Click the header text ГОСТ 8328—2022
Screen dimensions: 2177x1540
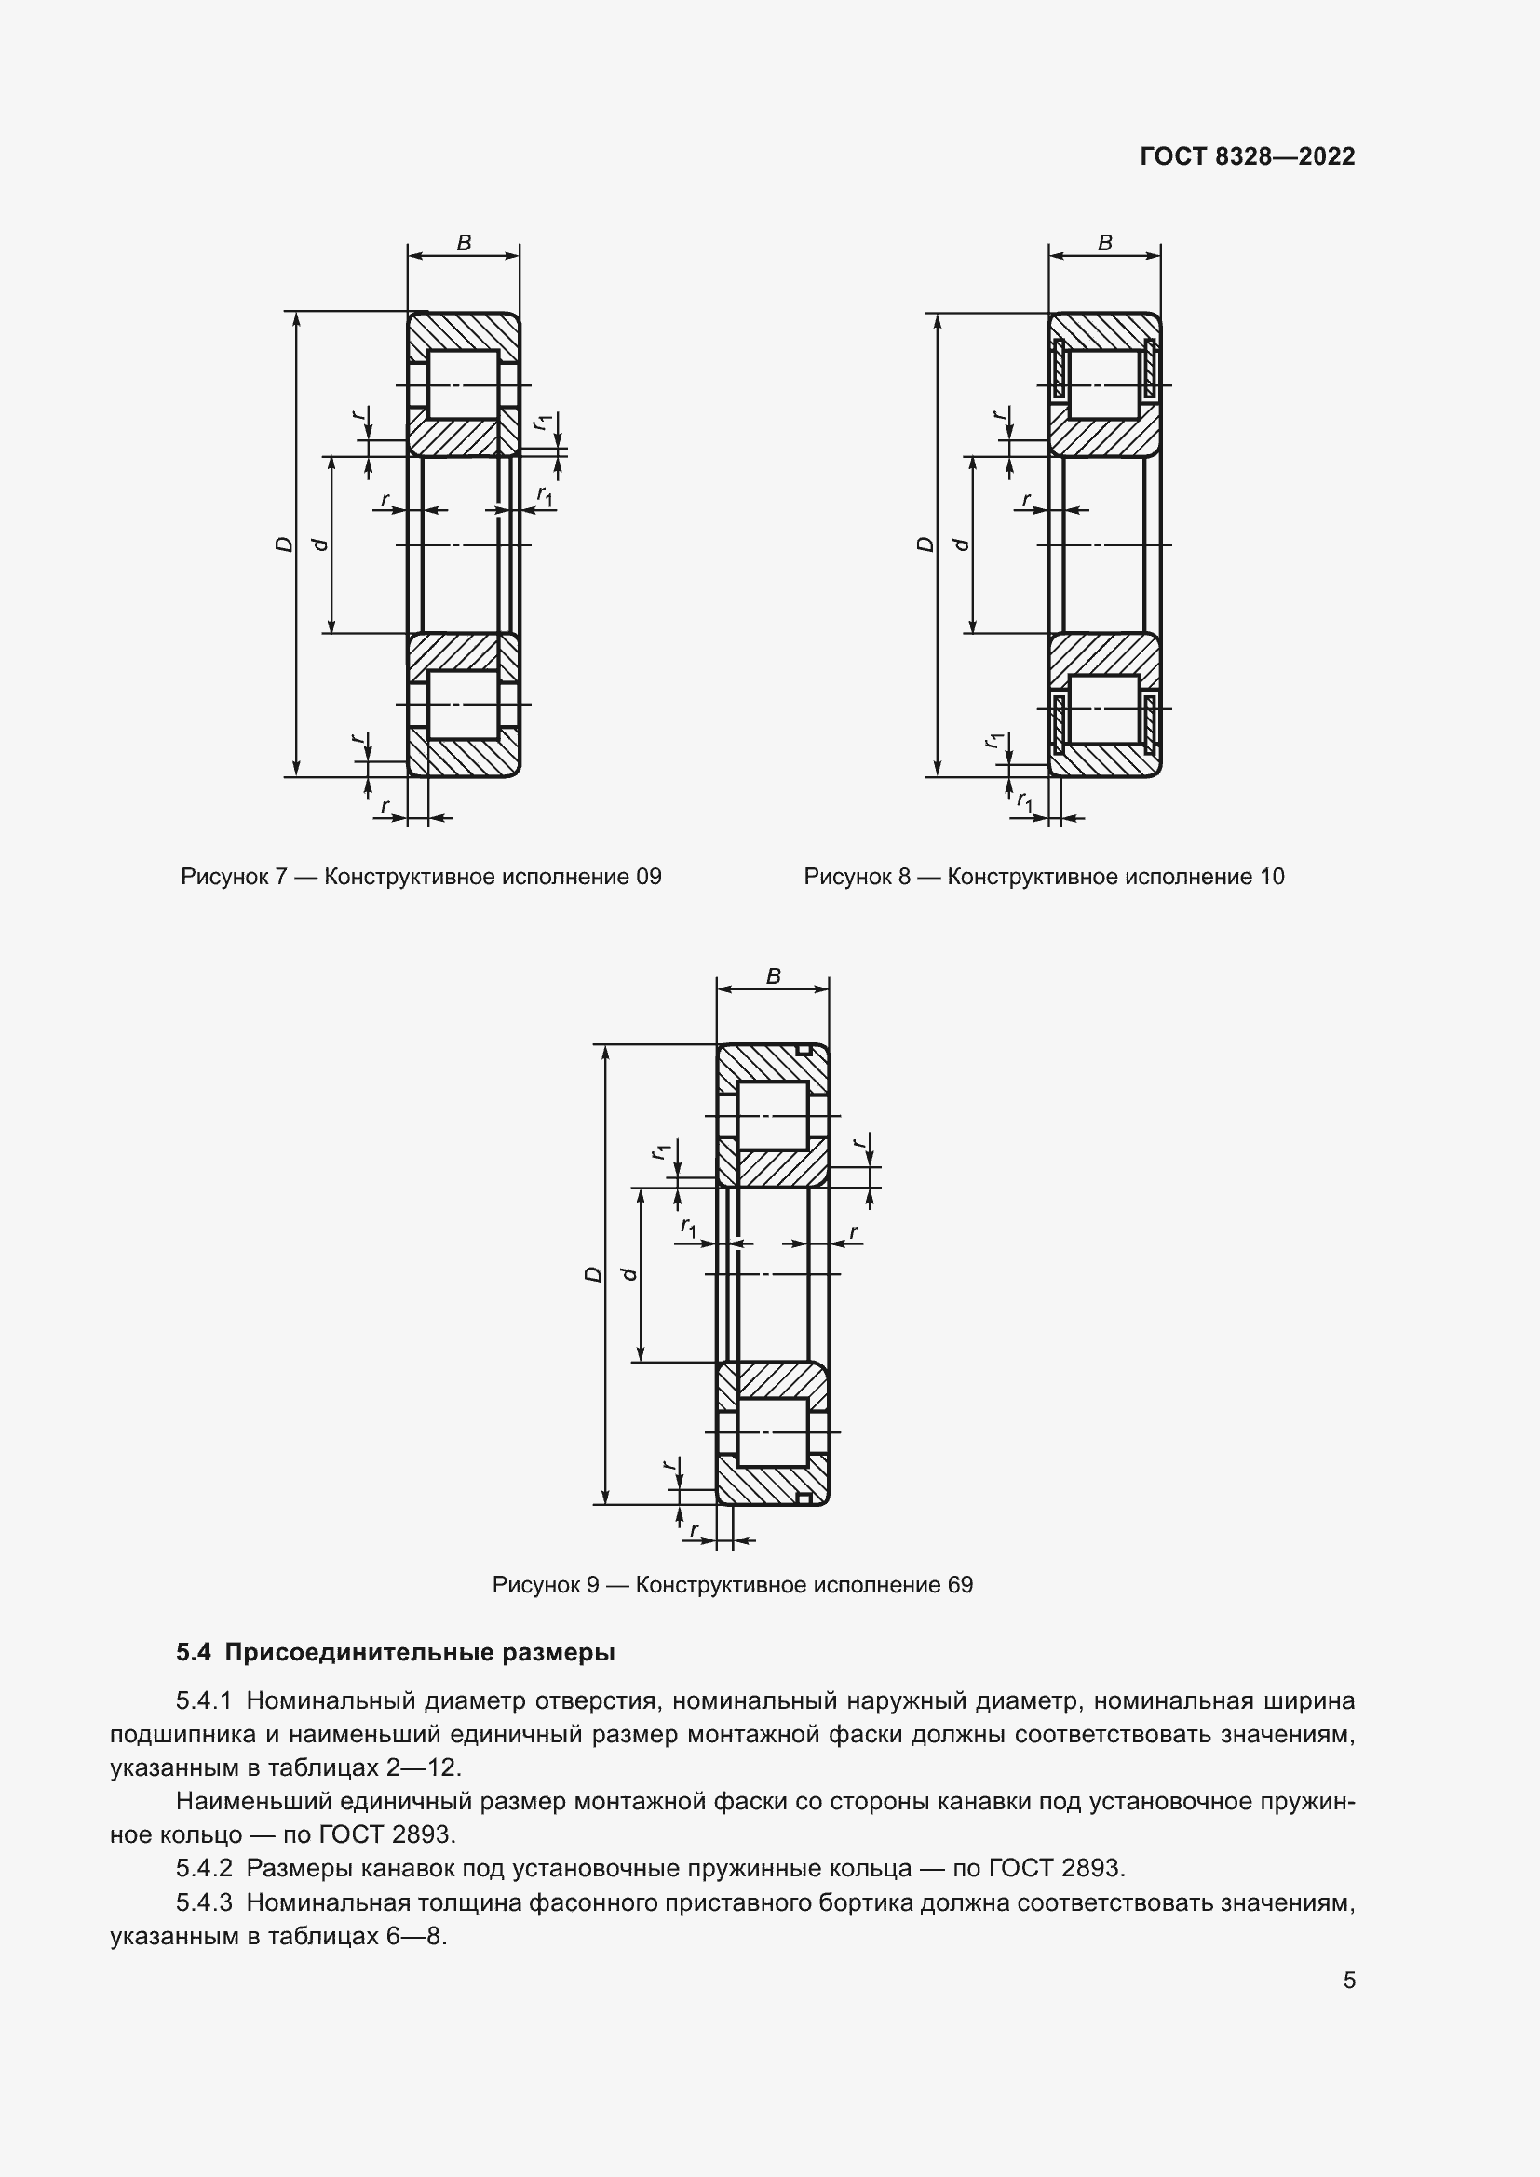click(x=1247, y=156)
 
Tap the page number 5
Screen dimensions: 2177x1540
click(x=1348, y=1980)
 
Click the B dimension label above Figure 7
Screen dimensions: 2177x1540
click(x=464, y=243)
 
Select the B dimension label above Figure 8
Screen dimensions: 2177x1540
click(x=1105, y=243)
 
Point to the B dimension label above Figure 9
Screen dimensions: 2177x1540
click(x=773, y=975)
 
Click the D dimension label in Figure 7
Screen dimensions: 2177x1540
click(x=283, y=544)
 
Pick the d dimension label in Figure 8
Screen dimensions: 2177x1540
click(x=961, y=544)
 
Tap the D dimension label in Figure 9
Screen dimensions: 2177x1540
click(x=592, y=1274)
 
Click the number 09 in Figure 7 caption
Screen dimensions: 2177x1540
click(x=648, y=877)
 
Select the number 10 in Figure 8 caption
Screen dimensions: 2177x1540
click(x=1272, y=877)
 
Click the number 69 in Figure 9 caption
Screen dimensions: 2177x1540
click(x=960, y=1585)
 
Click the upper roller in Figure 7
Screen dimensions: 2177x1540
click(x=464, y=384)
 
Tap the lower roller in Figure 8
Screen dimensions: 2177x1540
click(x=1105, y=708)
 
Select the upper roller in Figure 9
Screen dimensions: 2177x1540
click(x=773, y=1116)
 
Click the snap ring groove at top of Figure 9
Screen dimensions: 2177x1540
click(x=804, y=1051)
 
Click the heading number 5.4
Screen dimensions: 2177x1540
click(x=193, y=1653)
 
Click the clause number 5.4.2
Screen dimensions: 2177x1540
click(x=204, y=1869)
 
